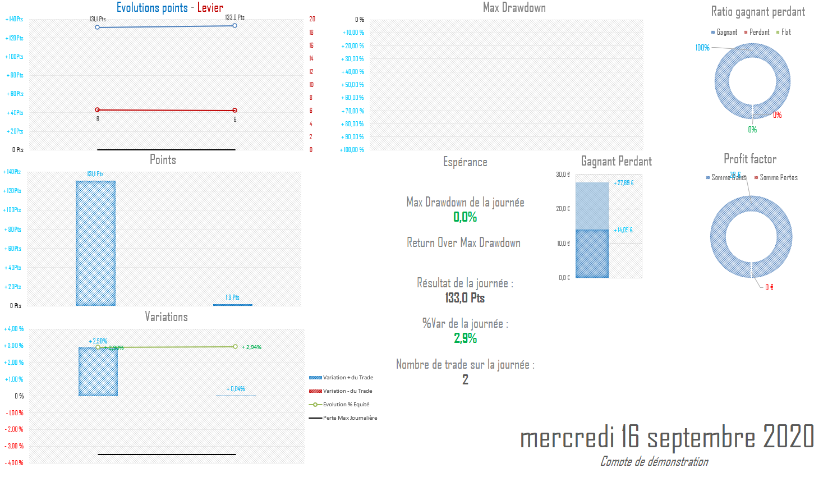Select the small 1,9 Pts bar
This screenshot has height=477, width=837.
pyautogui.click(x=232, y=305)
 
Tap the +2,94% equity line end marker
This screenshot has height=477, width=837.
pyautogui.click(x=235, y=347)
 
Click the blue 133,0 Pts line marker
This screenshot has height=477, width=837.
pyautogui.click(x=234, y=26)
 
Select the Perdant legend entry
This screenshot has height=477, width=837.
pyautogui.click(x=759, y=33)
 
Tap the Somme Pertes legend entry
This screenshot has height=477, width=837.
pyautogui.click(x=778, y=178)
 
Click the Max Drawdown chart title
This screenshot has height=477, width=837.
pyautogui.click(x=514, y=8)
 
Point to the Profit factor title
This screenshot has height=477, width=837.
pyautogui.click(x=749, y=159)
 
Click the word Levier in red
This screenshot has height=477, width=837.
pyautogui.click(x=210, y=8)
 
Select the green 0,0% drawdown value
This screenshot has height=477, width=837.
pyautogui.click(x=465, y=217)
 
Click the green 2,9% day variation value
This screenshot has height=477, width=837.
pyautogui.click(x=465, y=338)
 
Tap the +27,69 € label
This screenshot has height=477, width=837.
pyautogui.click(x=623, y=183)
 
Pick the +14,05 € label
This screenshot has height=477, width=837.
pyautogui.click(x=623, y=230)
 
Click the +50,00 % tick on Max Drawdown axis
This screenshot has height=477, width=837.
pyautogui.click(x=352, y=85)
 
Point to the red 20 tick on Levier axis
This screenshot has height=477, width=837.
pyautogui.click(x=312, y=19)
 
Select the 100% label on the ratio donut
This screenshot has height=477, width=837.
pyautogui.click(x=702, y=48)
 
